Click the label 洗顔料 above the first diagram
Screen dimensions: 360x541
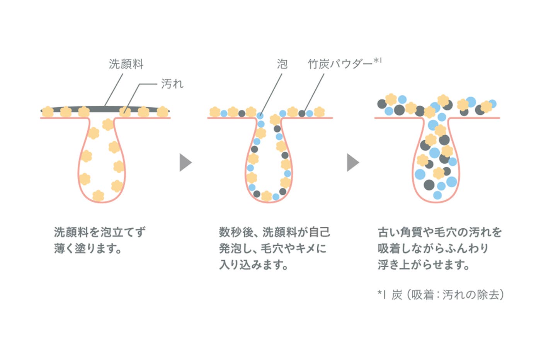click(126, 64)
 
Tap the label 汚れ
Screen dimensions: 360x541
click(172, 84)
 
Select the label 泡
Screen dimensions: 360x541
click(282, 64)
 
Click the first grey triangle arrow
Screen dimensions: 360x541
click(185, 162)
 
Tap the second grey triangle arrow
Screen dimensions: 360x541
click(352, 162)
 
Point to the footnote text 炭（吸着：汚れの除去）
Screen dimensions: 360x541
click(447, 295)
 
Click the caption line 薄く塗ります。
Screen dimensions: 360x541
click(88, 248)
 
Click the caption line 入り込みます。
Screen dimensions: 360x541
click(253, 265)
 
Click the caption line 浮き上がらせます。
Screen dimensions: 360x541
click(424, 265)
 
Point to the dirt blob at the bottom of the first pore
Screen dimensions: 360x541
click(99, 195)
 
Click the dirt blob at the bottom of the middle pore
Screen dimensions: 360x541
click(266, 196)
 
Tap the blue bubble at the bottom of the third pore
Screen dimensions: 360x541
click(437, 195)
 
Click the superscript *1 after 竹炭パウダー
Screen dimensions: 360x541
click(378, 61)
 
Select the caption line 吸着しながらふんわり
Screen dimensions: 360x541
click(433, 248)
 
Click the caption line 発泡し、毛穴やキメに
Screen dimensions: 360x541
click(272, 248)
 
